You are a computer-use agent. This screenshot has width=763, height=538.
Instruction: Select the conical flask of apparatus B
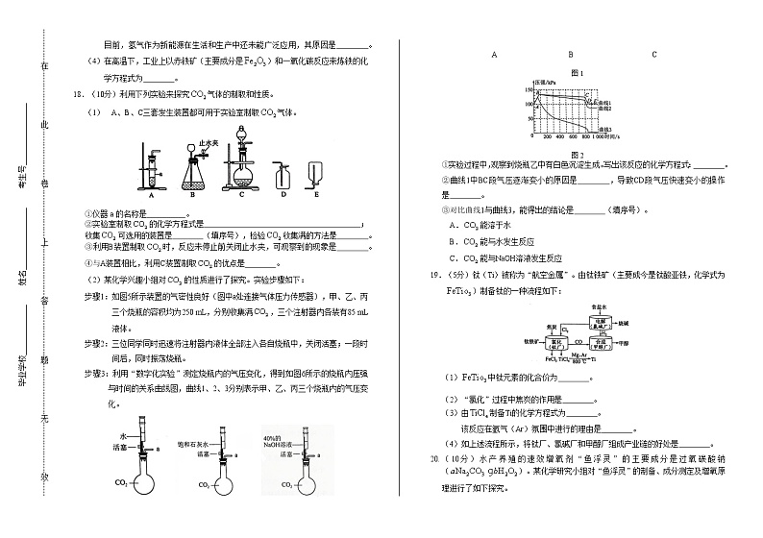pyautogui.click(x=196, y=177)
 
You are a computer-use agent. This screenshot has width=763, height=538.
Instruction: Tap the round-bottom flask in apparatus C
pyautogui.click(x=243, y=179)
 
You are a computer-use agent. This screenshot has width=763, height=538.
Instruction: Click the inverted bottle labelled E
pyautogui.click(x=314, y=175)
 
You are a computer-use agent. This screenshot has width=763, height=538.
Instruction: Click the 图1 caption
pyautogui.click(x=578, y=73)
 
